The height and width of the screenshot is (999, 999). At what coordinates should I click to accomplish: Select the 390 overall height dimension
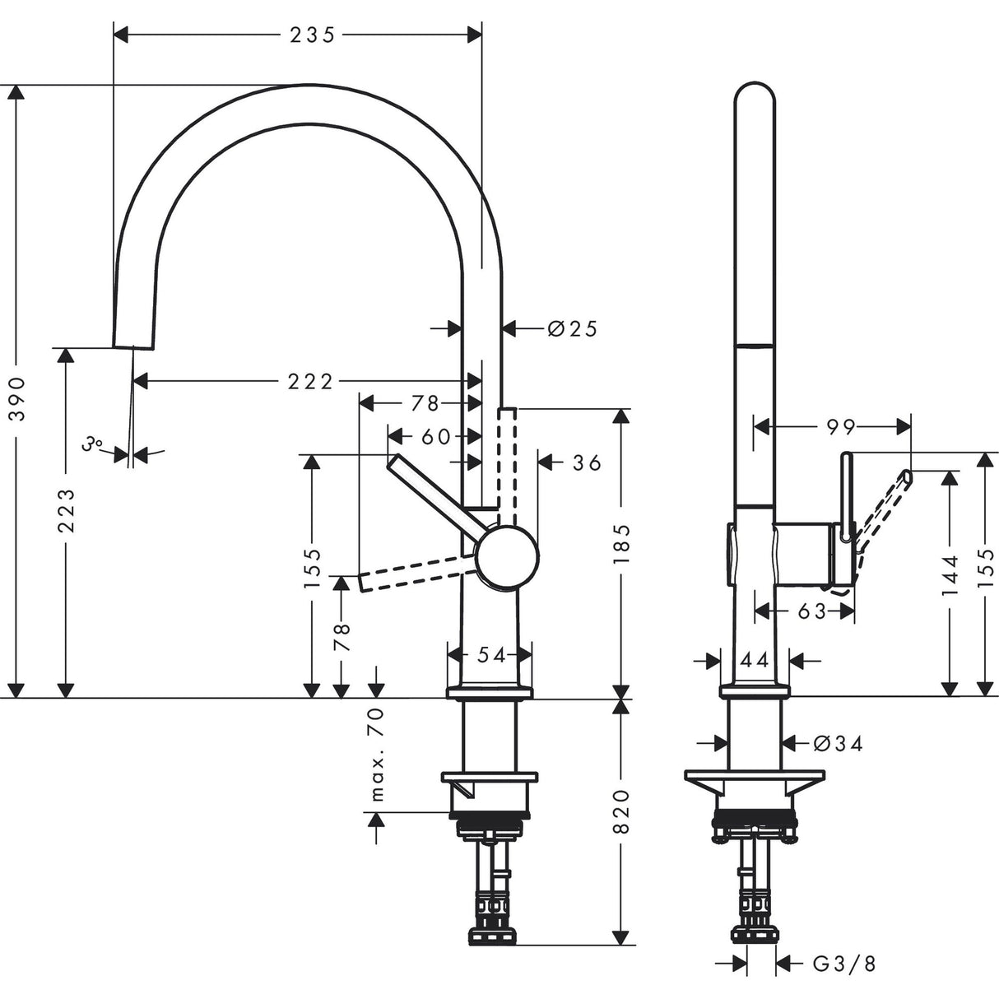[x=17, y=399]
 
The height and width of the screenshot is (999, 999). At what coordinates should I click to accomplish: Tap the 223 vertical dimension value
[x=67, y=510]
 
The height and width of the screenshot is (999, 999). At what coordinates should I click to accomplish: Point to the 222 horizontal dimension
[x=310, y=381]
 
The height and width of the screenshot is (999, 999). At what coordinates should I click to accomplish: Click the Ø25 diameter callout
[x=572, y=329]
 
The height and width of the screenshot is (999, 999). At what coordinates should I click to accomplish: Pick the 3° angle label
[x=92, y=445]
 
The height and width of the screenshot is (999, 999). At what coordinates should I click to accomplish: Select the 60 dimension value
[x=435, y=436]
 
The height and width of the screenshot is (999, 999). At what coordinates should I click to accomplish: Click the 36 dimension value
[x=587, y=462]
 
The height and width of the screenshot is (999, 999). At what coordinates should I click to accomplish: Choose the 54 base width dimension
[x=490, y=655]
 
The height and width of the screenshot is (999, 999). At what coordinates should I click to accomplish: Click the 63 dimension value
[x=811, y=611]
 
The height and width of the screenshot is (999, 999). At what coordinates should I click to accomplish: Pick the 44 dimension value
[x=754, y=659]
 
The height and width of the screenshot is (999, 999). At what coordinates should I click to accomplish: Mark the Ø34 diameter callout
[x=838, y=743]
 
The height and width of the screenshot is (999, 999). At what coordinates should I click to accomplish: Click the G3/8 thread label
[x=843, y=963]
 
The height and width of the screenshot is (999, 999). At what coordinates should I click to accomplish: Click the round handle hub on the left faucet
[x=509, y=558]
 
